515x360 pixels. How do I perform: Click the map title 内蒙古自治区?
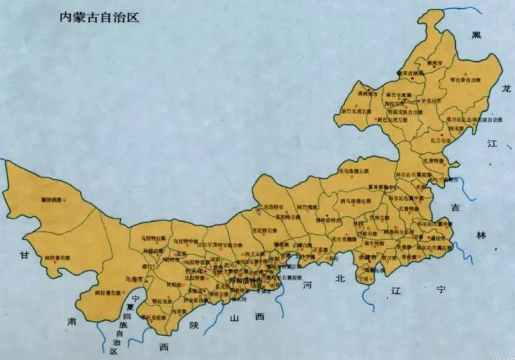[x=100, y=17]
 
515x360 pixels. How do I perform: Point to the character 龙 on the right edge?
[x=505, y=88]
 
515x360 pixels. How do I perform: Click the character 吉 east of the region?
[x=455, y=208]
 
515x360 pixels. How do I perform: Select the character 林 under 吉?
[x=480, y=236]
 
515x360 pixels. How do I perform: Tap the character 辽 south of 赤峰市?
[x=395, y=290]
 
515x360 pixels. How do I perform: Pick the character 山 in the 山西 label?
[x=235, y=317]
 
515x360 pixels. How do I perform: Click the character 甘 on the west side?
[x=24, y=255]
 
